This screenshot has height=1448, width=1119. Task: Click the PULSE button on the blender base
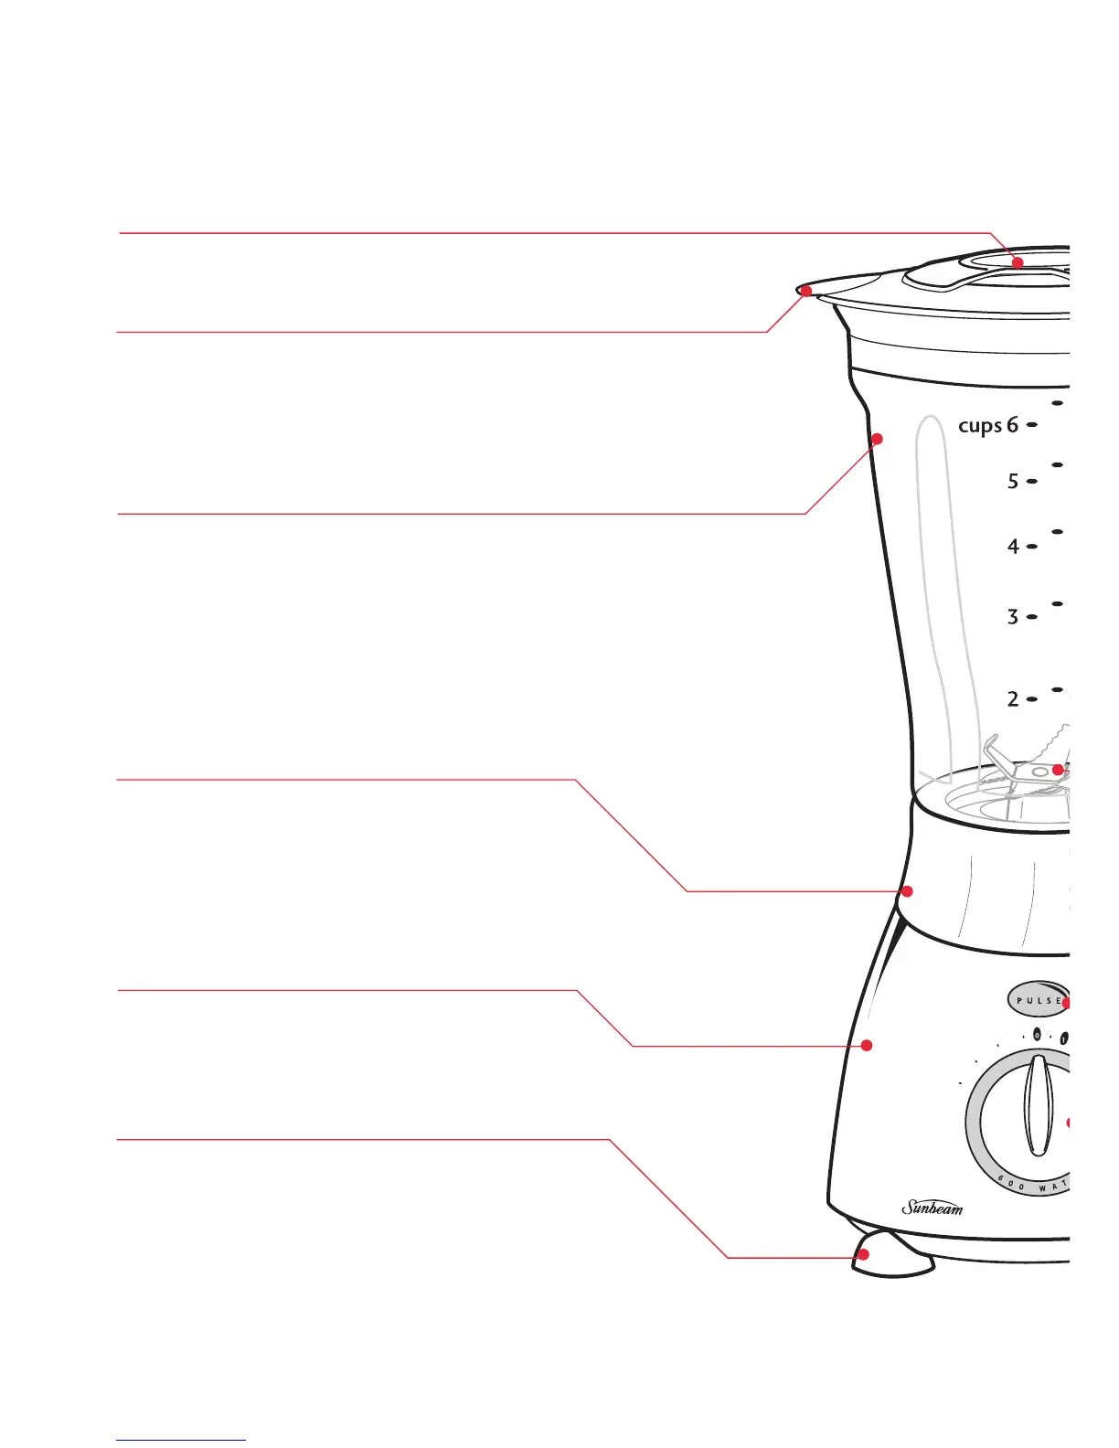pos(1037,999)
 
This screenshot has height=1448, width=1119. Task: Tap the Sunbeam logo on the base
pos(932,1208)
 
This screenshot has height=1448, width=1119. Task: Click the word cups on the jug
pos(979,426)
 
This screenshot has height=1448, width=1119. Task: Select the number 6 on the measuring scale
pos(1012,425)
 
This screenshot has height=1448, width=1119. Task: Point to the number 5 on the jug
pos(1012,481)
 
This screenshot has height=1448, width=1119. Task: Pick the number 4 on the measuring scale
pos(1012,547)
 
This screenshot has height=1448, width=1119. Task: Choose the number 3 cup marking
pos(1012,617)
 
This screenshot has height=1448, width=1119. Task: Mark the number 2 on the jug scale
pos(1012,699)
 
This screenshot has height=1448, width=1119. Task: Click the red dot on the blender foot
pos(863,1255)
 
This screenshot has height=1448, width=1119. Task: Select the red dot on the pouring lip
pos(806,291)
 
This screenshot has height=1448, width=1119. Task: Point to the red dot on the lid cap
pos(1018,262)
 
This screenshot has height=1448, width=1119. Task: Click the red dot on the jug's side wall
pos(877,439)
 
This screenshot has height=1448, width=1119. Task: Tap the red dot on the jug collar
pos(907,890)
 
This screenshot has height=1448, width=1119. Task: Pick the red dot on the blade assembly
pos(1058,770)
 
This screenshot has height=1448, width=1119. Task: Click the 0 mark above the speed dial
pos(1038,1036)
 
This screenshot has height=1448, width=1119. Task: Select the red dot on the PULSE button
pos(1066,1003)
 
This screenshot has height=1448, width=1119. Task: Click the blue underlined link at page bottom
pos(181,1440)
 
